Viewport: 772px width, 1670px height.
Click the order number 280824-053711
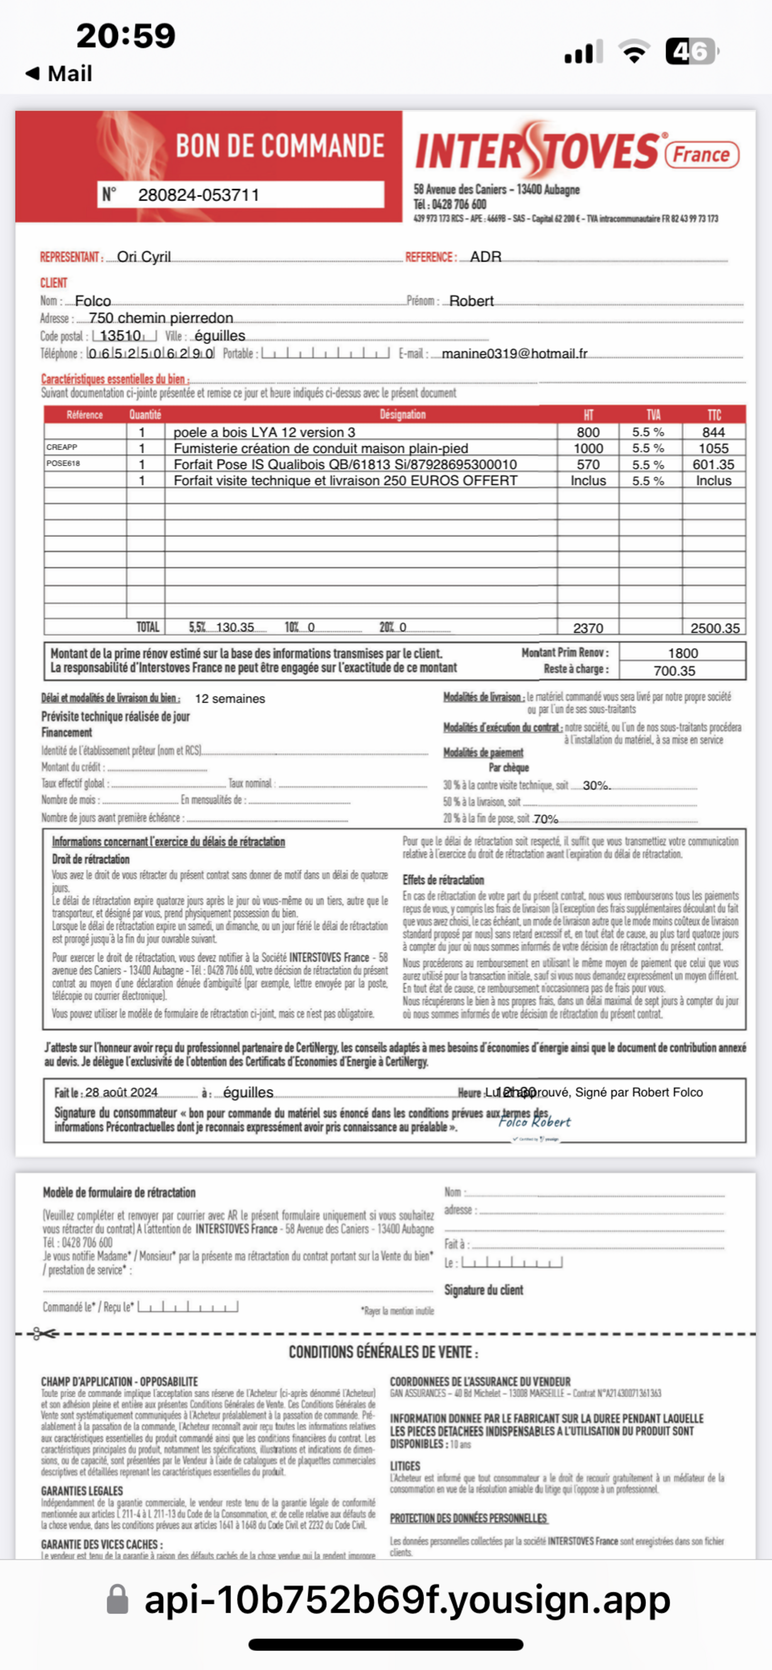(x=198, y=195)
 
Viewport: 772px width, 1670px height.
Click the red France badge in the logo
(x=701, y=154)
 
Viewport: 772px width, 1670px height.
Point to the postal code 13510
(x=121, y=336)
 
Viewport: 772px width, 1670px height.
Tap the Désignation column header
(x=402, y=414)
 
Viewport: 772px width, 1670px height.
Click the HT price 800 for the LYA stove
(x=588, y=432)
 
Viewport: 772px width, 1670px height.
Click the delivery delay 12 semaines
(x=230, y=699)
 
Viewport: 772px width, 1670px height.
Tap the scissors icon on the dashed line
(x=44, y=1333)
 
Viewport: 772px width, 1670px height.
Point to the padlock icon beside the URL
(x=117, y=1599)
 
